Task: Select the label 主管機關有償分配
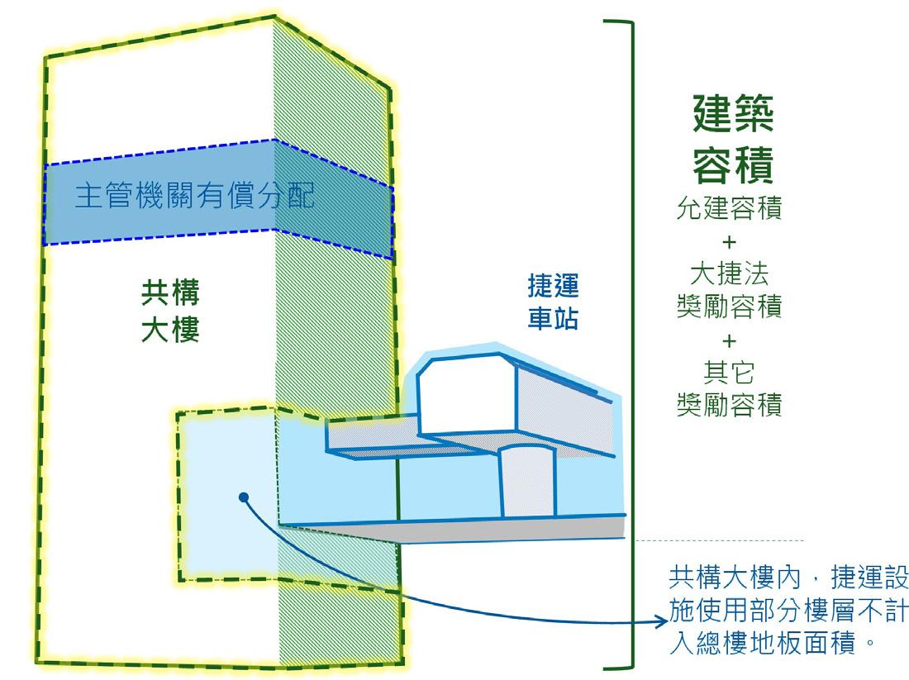(x=194, y=199)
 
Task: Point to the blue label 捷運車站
(x=553, y=302)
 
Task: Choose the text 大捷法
(x=729, y=273)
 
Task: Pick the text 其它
(x=729, y=373)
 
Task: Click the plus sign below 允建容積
(x=729, y=241)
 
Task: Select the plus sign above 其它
(x=729, y=340)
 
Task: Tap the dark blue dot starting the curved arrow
(x=243, y=497)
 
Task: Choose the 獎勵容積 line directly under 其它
(x=729, y=406)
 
